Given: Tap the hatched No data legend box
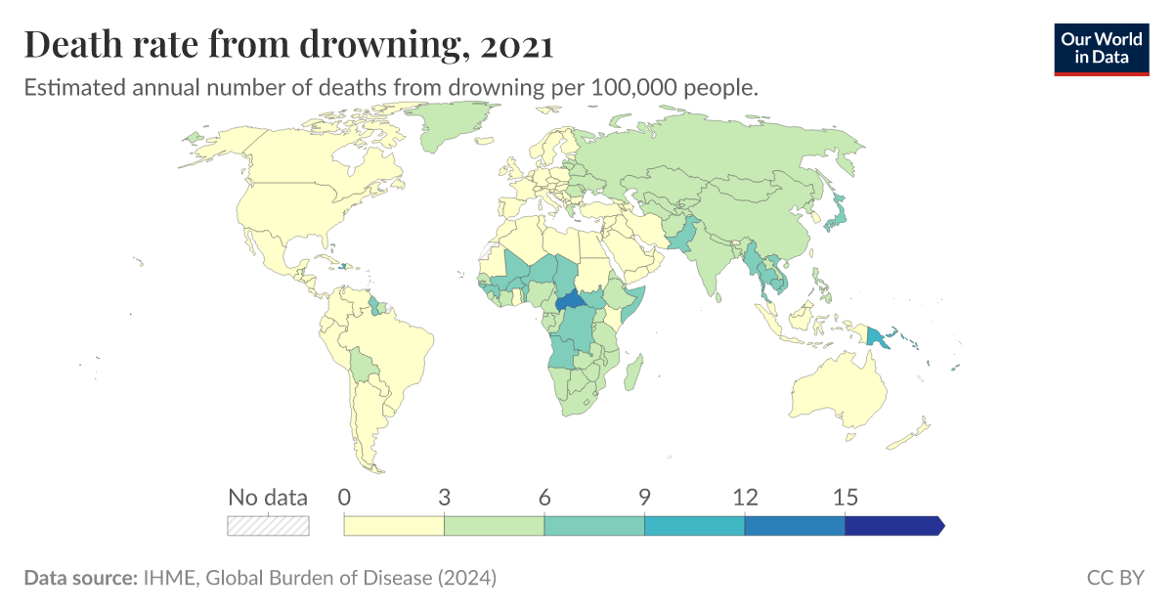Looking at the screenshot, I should click(268, 526).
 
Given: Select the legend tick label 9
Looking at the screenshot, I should click(644, 497).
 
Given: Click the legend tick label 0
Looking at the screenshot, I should click(344, 497).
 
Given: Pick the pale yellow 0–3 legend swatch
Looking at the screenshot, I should click(394, 526).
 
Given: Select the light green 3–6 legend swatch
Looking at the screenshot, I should click(494, 526).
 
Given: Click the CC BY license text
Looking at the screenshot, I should click(1114, 578).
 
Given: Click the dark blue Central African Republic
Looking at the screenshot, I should click(569, 302).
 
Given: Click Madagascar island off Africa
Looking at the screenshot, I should click(633, 374).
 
